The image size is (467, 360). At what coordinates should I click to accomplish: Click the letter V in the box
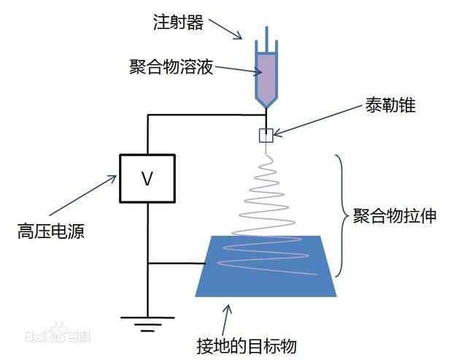[x=147, y=179]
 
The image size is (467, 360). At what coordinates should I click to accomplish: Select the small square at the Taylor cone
[x=266, y=135]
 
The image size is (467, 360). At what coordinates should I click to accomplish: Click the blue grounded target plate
[x=266, y=267]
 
